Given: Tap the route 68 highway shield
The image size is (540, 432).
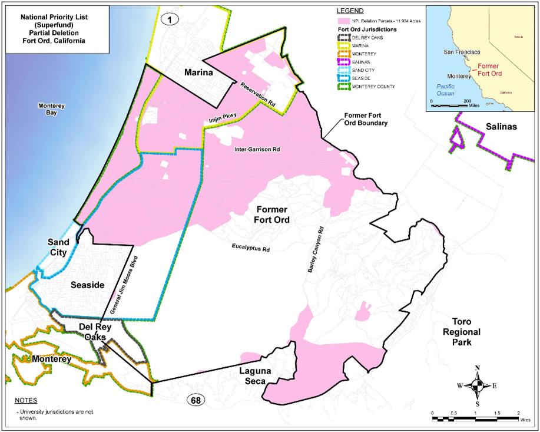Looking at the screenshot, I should pos(196,401).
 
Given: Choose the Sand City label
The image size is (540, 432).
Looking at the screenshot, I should pos(58,248).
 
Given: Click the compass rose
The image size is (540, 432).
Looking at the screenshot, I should pos(477,386).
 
